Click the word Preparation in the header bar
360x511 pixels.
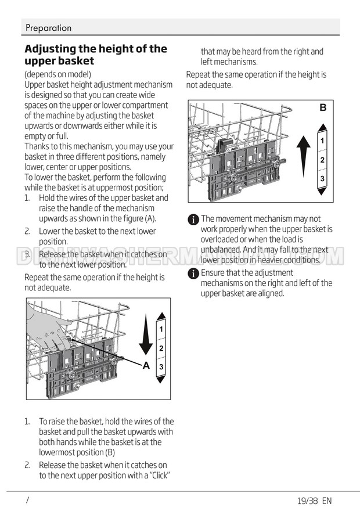[x=48, y=28]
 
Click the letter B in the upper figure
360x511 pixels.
[x=323, y=107]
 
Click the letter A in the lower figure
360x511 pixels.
[x=146, y=365]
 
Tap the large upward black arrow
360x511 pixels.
[x=303, y=153]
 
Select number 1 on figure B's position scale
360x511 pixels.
[x=322, y=141]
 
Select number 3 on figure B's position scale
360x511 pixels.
[x=322, y=178]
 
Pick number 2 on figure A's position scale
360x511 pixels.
[x=161, y=348]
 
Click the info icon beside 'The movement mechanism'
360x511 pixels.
[x=193, y=219]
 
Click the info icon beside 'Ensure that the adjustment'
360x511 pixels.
[x=193, y=274]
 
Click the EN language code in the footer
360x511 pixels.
[x=326, y=501]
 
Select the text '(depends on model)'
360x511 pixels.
[x=57, y=74]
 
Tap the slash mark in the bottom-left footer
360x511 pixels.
[x=27, y=500]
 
